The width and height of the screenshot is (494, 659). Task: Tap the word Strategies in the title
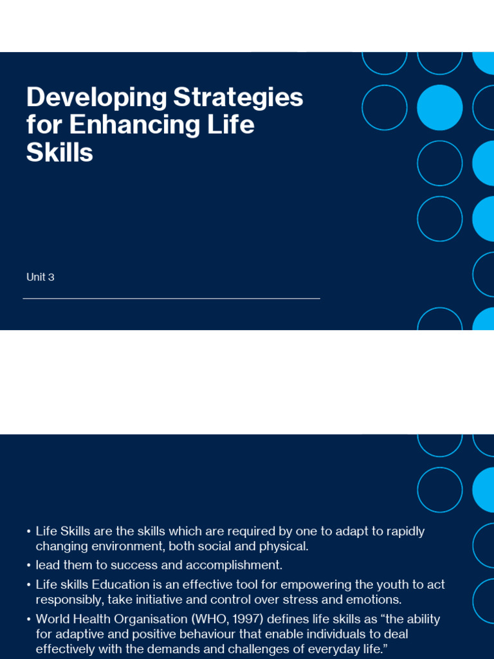[x=238, y=98]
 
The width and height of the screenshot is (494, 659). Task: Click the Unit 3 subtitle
[x=41, y=277]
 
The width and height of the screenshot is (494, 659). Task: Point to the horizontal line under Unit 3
[x=171, y=299]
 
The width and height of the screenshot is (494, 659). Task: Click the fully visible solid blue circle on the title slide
[x=440, y=107]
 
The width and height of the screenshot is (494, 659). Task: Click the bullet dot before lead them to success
[x=28, y=566]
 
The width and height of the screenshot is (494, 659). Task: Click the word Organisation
[x=151, y=620]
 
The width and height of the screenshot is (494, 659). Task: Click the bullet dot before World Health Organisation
[x=28, y=620]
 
